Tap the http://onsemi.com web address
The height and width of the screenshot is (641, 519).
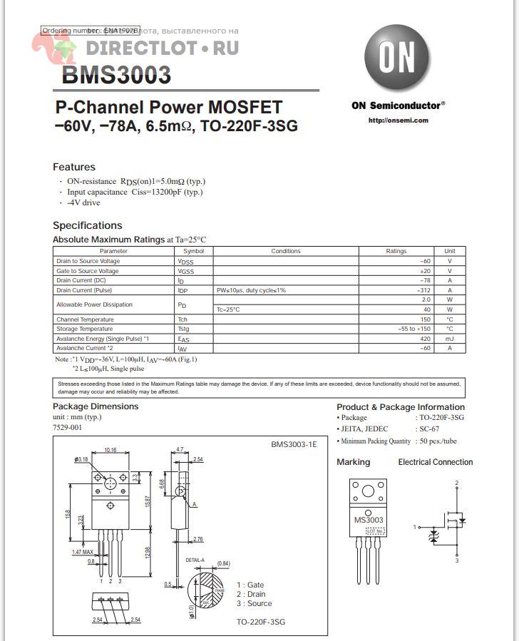coord(399,120)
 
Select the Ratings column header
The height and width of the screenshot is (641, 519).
coord(396,251)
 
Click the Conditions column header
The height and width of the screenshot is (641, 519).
coord(286,251)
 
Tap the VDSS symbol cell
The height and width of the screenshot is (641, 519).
coord(186,262)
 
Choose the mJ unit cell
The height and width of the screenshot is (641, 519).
coord(450,339)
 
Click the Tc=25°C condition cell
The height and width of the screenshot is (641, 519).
coord(228,309)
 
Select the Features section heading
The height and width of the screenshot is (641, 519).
coord(74,167)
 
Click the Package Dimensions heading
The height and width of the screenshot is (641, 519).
coord(96,406)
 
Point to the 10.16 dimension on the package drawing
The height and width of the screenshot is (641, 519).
coord(111,450)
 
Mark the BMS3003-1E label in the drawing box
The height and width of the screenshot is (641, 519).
coord(294,444)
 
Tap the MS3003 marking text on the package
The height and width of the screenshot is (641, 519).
coord(369,520)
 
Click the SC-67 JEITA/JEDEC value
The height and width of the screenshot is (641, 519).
coord(428,429)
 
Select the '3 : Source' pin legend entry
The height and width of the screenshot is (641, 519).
coord(255,603)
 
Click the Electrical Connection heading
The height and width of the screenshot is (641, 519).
coord(435,462)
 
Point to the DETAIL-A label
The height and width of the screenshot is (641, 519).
coord(195,560)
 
